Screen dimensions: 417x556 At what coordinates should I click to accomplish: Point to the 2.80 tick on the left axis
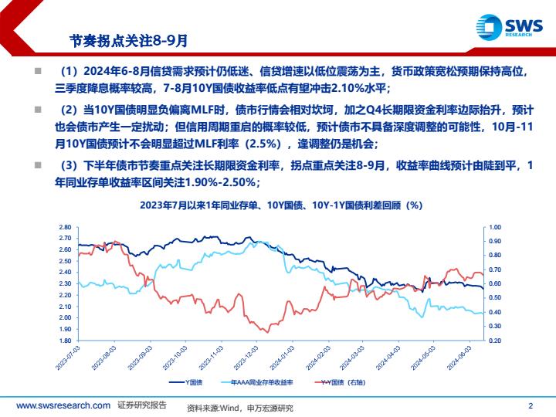pyautogui.click(x=65, y=227)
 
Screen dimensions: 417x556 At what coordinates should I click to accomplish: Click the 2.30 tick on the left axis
pyautogui.click(x=65, y=283)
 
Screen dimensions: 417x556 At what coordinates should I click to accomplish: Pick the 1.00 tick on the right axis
pyautogui.click(x=495, y=227)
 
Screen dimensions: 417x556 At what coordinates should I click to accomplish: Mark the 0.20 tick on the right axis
pyautogui.click(x=495, y=341)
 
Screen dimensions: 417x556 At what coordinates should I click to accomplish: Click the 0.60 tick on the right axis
pyautogui.click(x=495, y=283)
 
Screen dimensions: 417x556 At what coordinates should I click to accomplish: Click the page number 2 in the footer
pyautogui.click(x=531, y=405)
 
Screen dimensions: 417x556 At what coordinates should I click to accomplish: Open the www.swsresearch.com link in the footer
pyautogui.click(x=63, y=405)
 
